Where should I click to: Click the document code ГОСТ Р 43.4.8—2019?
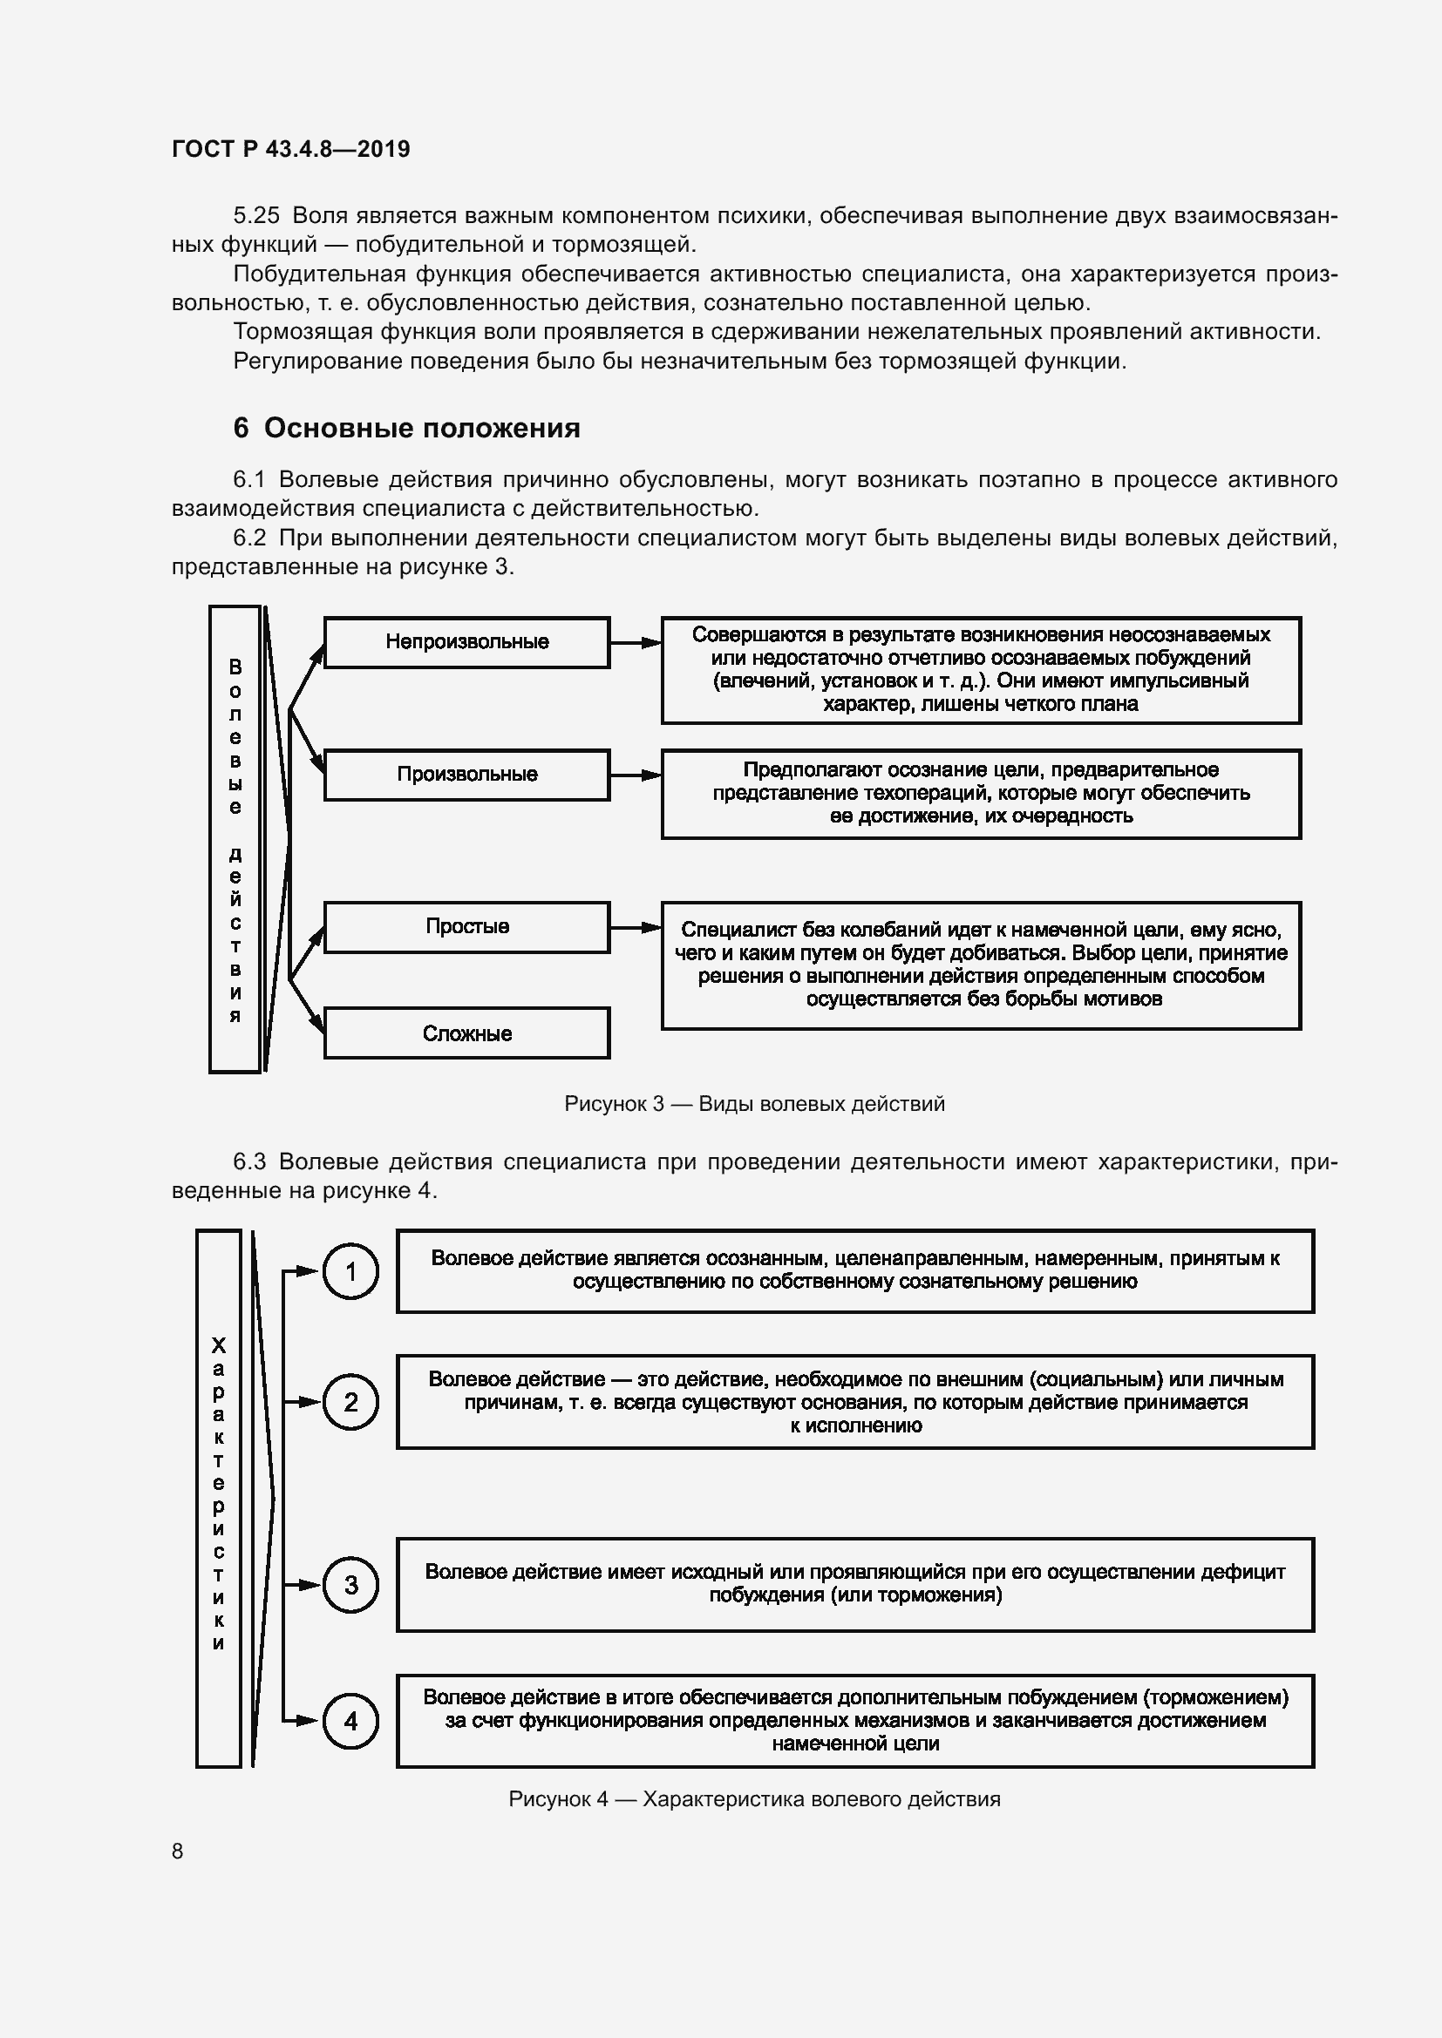290,149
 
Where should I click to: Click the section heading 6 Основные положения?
405,428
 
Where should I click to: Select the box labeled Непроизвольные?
466,642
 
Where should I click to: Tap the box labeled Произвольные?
466,774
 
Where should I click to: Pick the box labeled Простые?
466,927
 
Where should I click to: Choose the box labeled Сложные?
466,1033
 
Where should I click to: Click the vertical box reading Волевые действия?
235,839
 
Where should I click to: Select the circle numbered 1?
350,1271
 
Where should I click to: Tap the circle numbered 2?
350,1403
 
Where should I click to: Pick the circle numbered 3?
350,1585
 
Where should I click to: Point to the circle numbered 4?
350,1721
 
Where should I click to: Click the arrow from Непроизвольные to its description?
636,643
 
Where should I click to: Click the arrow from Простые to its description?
636,928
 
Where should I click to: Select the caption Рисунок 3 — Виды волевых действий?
754,1104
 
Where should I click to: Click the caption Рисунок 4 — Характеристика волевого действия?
754,1799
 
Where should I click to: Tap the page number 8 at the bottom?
178,1851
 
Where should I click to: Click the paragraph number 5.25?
255,216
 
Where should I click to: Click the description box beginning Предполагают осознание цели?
980,794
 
